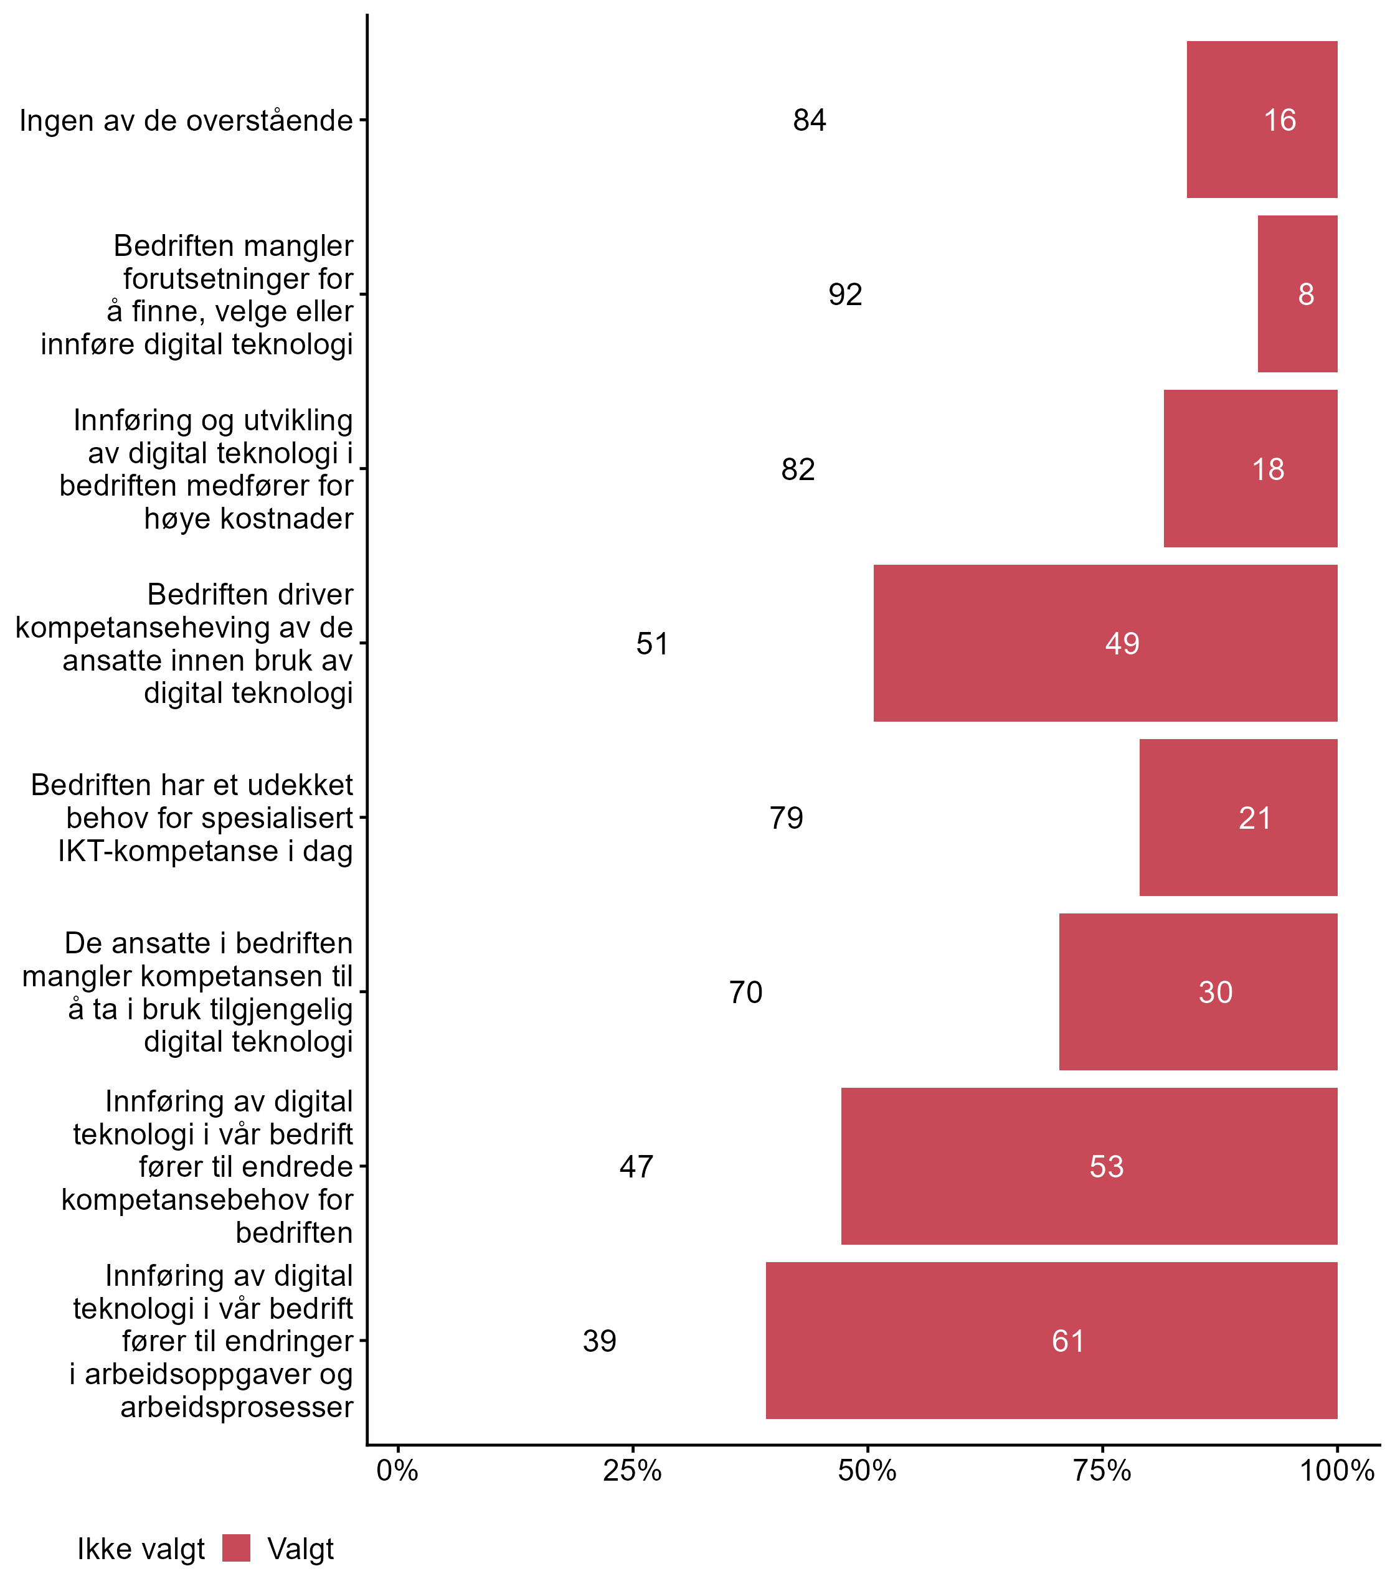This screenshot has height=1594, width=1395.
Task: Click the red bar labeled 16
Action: [x=1261, y=119]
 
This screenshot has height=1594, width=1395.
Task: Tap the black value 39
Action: [x=599, y=1341]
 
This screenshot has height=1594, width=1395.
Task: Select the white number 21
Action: [x=1255, y=818]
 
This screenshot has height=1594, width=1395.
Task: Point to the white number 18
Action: [x=1267, y=469]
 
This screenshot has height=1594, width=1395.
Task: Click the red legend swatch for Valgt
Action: [x=236, y=1548]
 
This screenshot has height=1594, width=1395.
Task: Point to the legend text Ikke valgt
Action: [x=141, y=1549]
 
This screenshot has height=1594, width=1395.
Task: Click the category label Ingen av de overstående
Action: [x=186, y=121]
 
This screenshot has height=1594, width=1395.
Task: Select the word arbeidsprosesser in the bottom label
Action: [x=237, y=1407]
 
